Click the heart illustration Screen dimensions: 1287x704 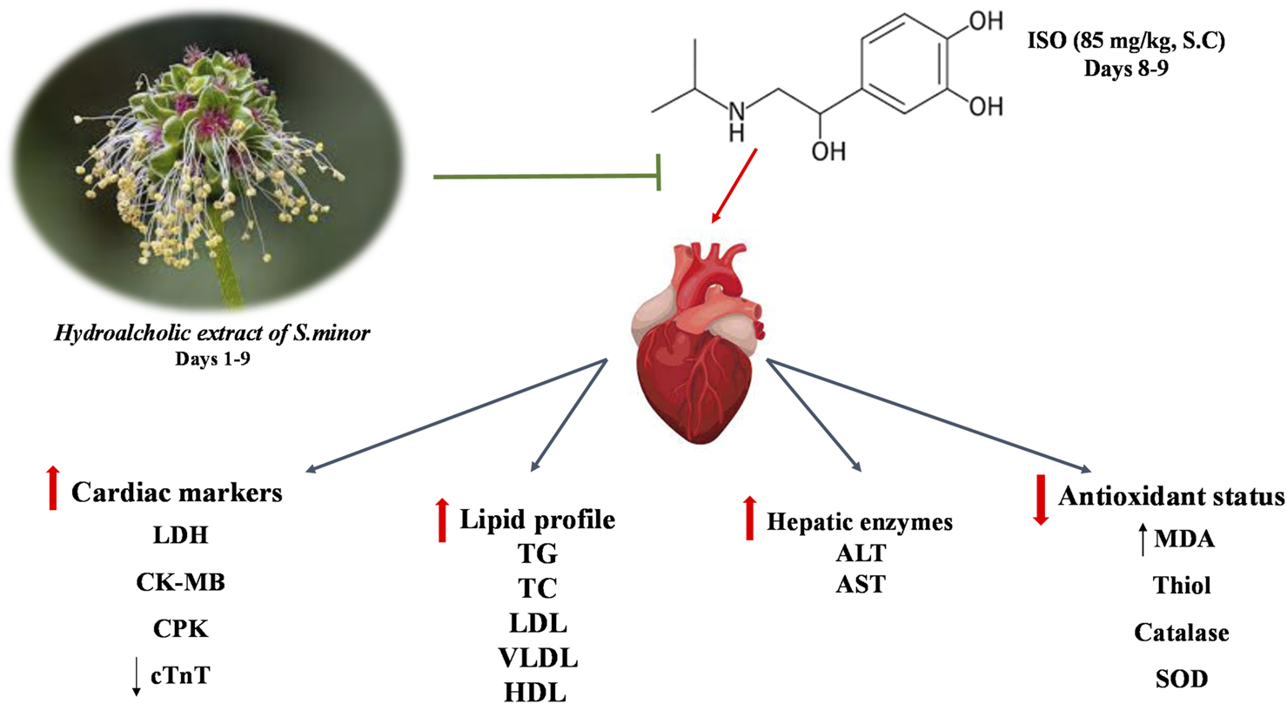[696, 335]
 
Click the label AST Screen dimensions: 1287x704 [861, 585]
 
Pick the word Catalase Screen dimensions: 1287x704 [1181, 632]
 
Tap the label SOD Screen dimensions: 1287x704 [1181, 678]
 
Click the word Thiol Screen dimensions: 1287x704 [1181, 587]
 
